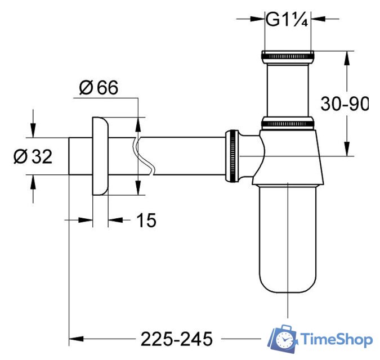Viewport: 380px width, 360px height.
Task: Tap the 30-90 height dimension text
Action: (x=345, y=103)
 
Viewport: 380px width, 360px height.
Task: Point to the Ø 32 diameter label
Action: (x=33, y=156)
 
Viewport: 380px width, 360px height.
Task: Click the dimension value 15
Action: (x=146, y=221)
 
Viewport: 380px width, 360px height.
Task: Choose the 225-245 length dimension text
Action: (x=176, y=339)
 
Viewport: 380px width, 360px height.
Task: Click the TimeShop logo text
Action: (x=337, y=340)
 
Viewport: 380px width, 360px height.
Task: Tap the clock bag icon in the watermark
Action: (x=285, y=339)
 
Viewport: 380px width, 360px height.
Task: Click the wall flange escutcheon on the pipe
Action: (x=100, y=156)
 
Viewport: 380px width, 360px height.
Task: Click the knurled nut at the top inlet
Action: (x=287, y=56)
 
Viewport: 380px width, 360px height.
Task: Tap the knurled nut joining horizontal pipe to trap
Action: (x=232, y=156)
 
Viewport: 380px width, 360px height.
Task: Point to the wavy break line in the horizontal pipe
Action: (x=144, y=156)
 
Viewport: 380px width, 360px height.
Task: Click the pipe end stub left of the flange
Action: (x=79, y=156)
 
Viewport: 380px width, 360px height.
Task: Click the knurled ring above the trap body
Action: (x=287, y=123)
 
